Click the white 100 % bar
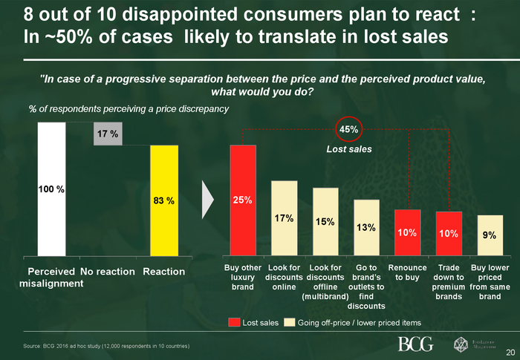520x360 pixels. pos(51,189)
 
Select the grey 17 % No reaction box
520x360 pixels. pos(108,133)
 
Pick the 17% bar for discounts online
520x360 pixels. pos(284,218)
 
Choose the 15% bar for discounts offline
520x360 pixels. pos(325,222)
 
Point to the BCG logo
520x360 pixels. pos(415,344)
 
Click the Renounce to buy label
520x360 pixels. pos(407,272)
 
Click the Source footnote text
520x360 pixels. pos(108,347)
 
